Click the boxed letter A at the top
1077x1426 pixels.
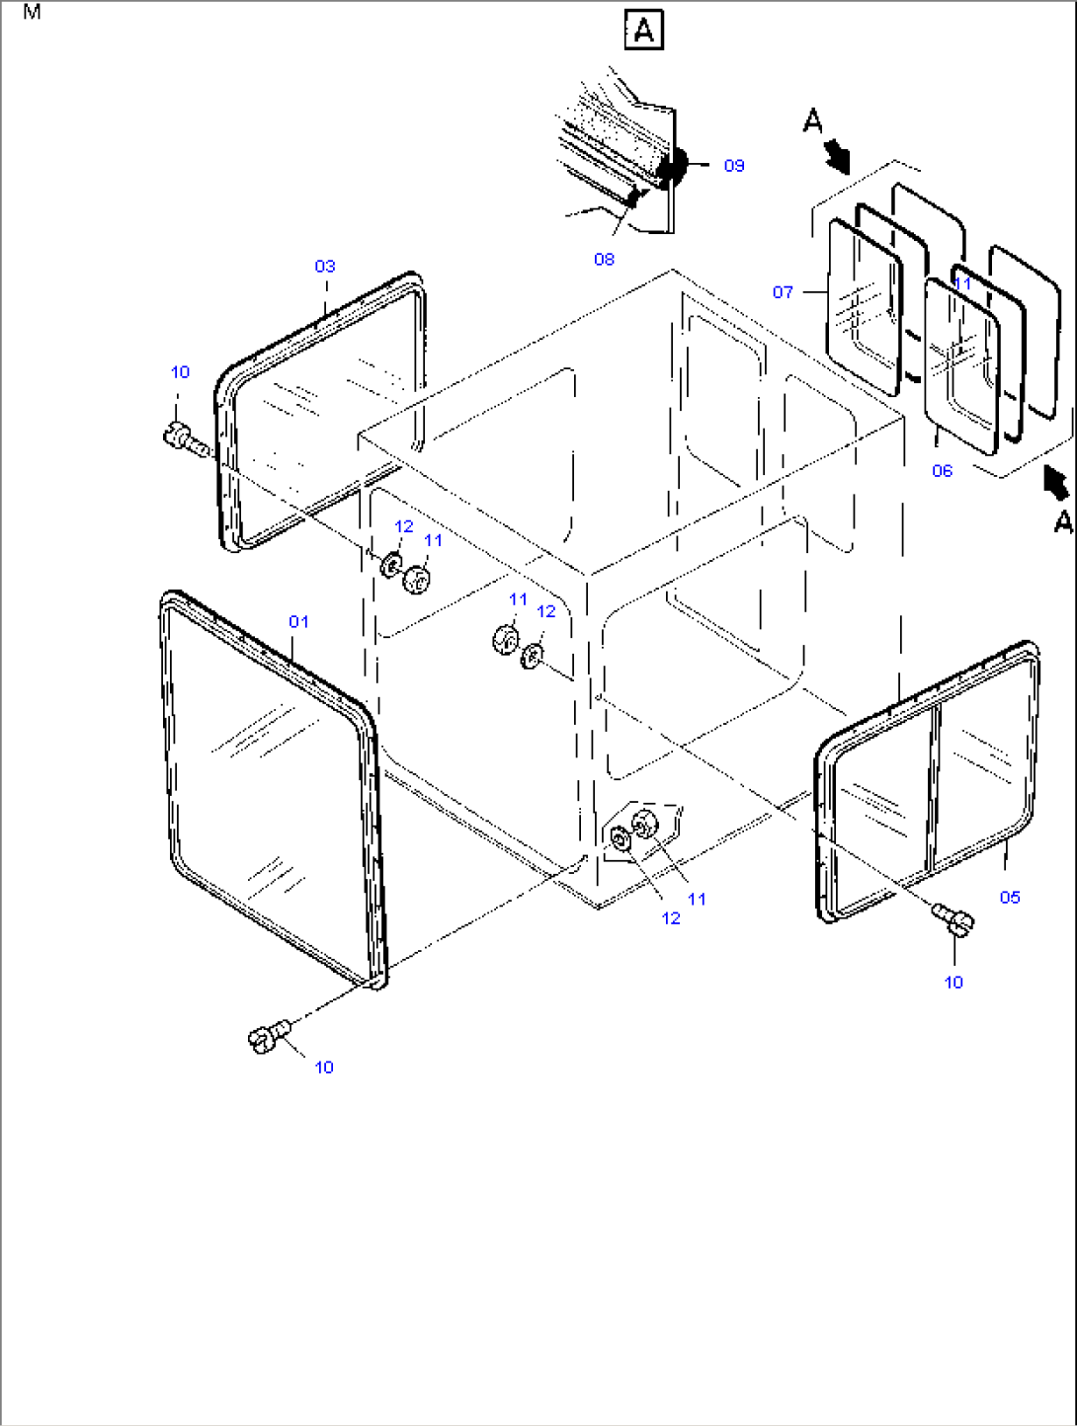click(643, 30)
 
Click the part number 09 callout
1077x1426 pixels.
click(734, 166)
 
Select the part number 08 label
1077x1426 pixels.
click(604, 259)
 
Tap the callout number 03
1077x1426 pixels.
click(325, 266)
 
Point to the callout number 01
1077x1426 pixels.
click(298, 622)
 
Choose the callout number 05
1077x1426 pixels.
click(1010, 898)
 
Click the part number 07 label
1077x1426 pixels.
click(783, 292)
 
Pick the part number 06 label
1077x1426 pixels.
click(942, 470)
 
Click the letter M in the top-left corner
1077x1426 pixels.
click(32, 12)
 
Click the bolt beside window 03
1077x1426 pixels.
click(186, 439)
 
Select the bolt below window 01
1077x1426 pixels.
click(269, 1036)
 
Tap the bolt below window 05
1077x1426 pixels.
click(953, 919)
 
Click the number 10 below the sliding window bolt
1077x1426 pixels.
click(953, 983)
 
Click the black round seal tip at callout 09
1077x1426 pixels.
click(673, 165)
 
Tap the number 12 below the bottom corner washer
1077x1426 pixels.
click(671, 918)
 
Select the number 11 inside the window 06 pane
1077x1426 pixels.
click(962, 283)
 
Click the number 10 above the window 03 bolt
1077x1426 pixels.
click(180, 372)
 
